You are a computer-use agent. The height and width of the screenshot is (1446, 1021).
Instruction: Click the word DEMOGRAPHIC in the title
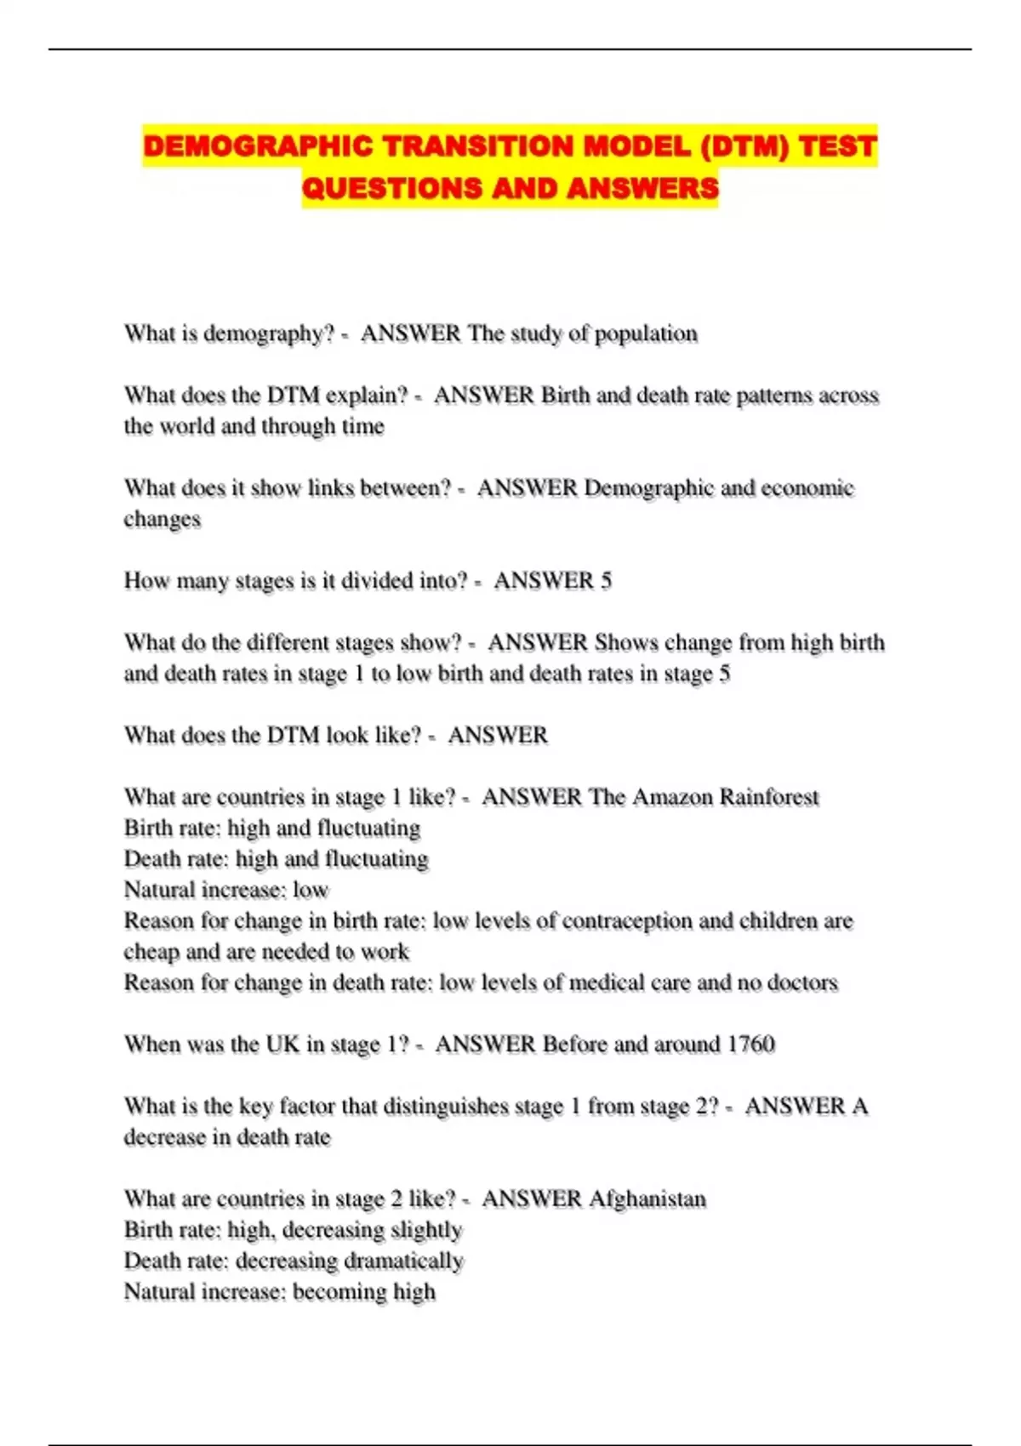(x=258, y=146)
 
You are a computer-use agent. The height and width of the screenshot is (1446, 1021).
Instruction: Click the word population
(x=646, y=333)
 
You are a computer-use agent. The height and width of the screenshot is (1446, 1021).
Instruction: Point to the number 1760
(x=750, y=1044)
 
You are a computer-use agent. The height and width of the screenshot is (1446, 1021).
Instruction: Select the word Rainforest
(x=769, y=797)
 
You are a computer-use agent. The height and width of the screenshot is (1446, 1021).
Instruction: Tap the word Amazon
(x=672, y=797)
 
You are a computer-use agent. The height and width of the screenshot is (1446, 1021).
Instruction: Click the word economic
(x=807, y=488)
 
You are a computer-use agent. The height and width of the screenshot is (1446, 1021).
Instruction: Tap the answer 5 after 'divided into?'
(x=606, y=581)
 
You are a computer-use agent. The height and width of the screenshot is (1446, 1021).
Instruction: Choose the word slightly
(x=426, y=1230)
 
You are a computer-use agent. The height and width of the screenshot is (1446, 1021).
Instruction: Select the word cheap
(x=151, y=952)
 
